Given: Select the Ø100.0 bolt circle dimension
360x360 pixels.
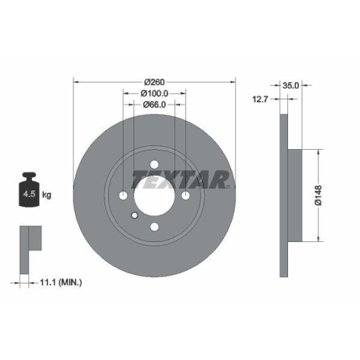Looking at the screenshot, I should point(155,94).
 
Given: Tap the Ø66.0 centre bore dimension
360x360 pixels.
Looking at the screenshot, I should point(155,104).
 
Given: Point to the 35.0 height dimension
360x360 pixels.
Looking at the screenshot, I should point(292,84).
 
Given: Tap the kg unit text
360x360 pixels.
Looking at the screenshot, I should point(47,195).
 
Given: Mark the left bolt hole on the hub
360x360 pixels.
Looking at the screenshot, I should point(124,197).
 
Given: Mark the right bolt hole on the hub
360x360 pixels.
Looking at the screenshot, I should point(186,197).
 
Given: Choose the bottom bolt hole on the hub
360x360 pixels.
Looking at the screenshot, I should point(155,228).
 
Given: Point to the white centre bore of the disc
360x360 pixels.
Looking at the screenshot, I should point(155,197).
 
